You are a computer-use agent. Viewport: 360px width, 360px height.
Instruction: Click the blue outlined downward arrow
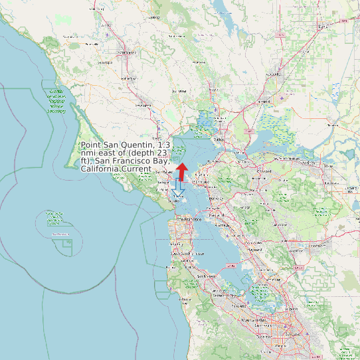click(x=177, y=193)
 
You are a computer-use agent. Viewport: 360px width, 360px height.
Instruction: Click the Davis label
click(x=323, y=27)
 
